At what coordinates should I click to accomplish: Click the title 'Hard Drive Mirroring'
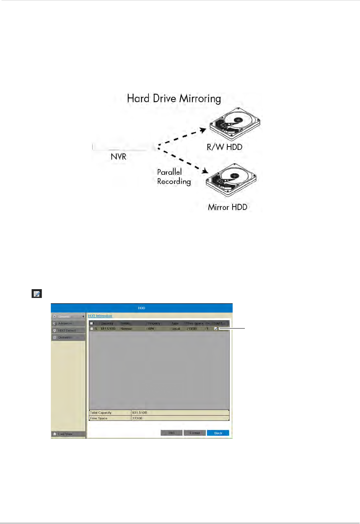click(174, 99)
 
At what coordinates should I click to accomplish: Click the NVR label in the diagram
click(119, 156)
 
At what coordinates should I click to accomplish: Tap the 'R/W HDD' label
click(225, 147)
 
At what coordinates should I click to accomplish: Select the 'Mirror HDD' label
click(228, 207)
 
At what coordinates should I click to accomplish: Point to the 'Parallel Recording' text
click(174, 177)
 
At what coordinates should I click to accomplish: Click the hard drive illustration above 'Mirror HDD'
click(231, 180)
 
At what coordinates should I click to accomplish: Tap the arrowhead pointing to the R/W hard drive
click(203, 131)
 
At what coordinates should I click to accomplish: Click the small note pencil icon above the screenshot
click(36, 294)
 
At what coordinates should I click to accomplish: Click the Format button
click(195, 433)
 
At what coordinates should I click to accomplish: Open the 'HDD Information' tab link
click(100, 316)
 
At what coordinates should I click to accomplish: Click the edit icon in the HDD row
click(216, 329)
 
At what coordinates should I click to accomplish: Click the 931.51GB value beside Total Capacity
click(140, 413)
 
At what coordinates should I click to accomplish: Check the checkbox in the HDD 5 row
click(91, 329)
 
